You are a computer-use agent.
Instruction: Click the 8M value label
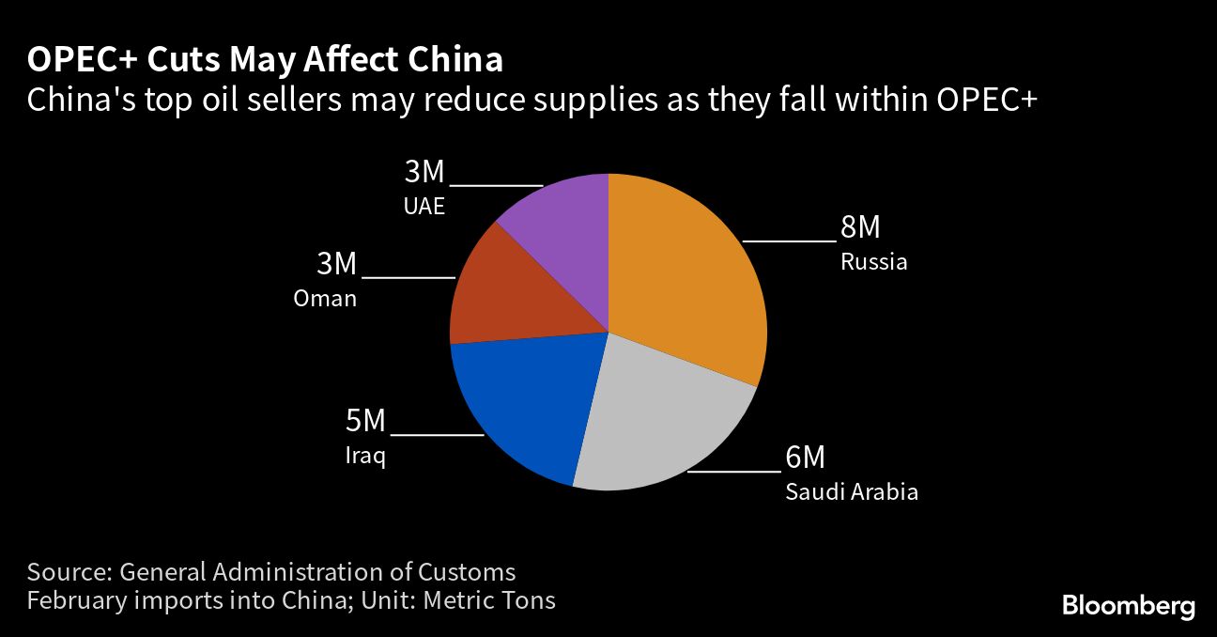click(x=860, y=227)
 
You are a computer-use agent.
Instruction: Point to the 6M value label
click(x=805, y=458)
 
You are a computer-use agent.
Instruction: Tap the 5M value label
click(x=365, y=421)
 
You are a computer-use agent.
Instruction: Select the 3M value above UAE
click(x=424, y=172)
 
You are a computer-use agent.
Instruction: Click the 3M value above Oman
click(x=336, y=264)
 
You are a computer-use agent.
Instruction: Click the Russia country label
click(x=873, y=261)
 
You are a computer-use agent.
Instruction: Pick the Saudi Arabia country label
click(x=851, y=491)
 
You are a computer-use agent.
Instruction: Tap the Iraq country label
click(x=365, y=457)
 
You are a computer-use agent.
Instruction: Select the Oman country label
click(x=325, y=299)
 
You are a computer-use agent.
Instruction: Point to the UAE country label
click(x=424, y=206)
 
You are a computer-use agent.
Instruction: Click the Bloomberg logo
click(x=1128, y=606)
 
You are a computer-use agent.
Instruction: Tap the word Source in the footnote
click(x=67, y=571)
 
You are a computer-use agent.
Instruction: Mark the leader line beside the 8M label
click(x=789, y=241)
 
